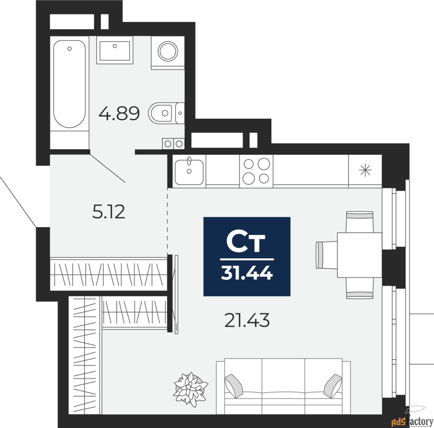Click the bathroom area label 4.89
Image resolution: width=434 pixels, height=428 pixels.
tap(119, 114)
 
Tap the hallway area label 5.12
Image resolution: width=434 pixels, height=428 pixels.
tap(108, 212)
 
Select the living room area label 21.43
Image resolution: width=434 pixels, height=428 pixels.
tap(247, 320)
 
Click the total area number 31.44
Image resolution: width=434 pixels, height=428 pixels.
tap(246, 273)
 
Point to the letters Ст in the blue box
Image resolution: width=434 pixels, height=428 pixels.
tap(246, 242)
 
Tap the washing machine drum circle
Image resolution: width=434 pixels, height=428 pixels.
tap(167, 51)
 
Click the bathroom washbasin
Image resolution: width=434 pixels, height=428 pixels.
tap(115, 51)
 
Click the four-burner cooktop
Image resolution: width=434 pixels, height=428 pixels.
tap(256, 171)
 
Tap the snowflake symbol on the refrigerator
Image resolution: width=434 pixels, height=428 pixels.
tap(365, 170)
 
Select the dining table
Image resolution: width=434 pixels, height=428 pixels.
tap(359, 255)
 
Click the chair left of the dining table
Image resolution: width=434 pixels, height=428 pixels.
tap(326, 255)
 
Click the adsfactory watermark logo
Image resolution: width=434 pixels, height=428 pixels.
tap(412, 421)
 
